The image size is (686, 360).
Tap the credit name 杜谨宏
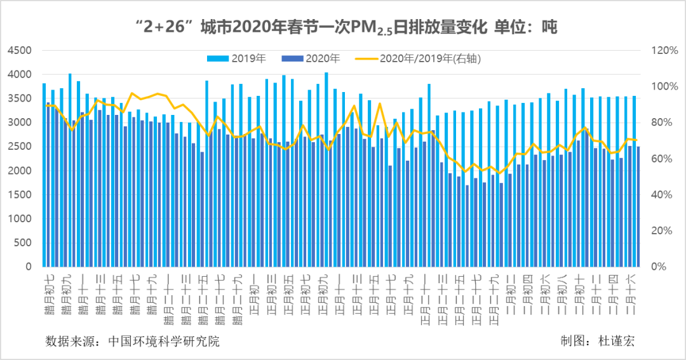point(617,341)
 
